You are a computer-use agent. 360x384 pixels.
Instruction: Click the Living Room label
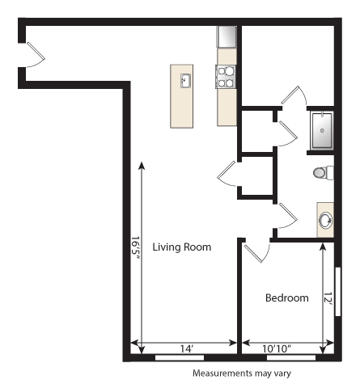point(182,247)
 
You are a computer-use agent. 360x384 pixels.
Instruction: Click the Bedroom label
point(287,298)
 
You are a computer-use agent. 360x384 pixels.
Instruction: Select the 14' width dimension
point(186,348)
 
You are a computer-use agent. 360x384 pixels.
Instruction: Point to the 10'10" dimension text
point(277,348)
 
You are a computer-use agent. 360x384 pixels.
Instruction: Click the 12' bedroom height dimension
point(328,298)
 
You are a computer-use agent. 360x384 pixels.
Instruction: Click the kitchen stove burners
point(227,76)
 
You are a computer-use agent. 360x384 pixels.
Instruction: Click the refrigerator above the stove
point(227,37)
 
